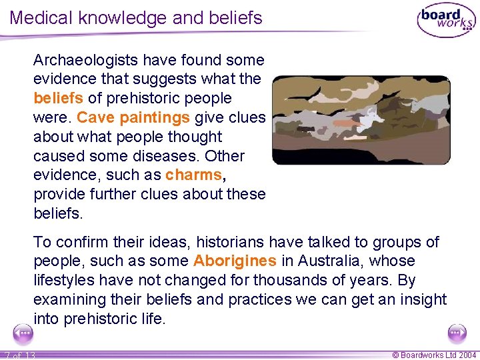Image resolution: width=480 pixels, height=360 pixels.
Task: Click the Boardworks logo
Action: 445,21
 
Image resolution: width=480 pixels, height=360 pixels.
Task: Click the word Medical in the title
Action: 41,17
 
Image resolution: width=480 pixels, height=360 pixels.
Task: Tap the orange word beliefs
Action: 59,99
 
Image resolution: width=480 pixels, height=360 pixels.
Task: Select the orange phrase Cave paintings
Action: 133,118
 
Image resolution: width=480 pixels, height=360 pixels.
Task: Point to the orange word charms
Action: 194,175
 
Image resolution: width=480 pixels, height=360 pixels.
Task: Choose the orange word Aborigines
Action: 235,261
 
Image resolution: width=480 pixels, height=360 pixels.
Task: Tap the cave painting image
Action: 361,120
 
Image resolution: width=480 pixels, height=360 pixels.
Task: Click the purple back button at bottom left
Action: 23,332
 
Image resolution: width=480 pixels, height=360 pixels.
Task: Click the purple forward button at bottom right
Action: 457,332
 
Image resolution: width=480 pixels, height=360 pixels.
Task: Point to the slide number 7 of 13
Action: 19,355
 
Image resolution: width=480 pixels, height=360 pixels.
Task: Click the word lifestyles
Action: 65,280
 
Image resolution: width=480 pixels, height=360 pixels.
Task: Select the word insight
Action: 419,299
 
